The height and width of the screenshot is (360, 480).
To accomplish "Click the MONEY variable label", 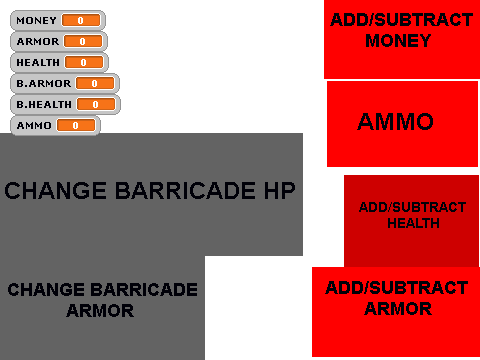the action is click(36, 21).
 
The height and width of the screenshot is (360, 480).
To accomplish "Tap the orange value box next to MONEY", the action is click(81, 20).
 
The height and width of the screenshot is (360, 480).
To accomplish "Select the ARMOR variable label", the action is click(38, 42).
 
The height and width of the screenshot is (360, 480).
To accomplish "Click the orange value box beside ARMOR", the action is click(83, 41).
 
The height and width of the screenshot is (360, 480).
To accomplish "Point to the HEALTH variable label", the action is click(38, 63).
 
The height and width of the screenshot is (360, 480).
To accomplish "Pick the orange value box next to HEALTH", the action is click(84, 62).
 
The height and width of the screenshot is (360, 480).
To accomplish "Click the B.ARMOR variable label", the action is click(44, 83).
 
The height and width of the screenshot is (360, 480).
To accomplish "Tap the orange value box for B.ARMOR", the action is click(95, 83).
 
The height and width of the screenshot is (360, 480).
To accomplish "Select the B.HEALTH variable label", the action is click(44, 105).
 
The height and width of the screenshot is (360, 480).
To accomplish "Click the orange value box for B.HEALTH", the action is click(96, 104).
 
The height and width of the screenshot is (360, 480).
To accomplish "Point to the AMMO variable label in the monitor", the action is click(34, 126).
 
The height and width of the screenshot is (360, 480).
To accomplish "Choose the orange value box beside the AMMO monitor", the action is click(76, 125).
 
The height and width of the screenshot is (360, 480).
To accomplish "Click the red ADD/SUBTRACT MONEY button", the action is click(402, 39).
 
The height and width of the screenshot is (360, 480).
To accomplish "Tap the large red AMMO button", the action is click(402, 124).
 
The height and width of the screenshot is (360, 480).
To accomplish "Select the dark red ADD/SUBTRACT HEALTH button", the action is click(411, 221).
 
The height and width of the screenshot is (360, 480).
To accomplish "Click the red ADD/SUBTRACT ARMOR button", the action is click(396, 312).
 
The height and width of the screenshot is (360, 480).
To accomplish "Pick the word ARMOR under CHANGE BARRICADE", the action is click(100, 311).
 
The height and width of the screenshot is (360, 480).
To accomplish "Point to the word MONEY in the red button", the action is click(398, 41).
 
